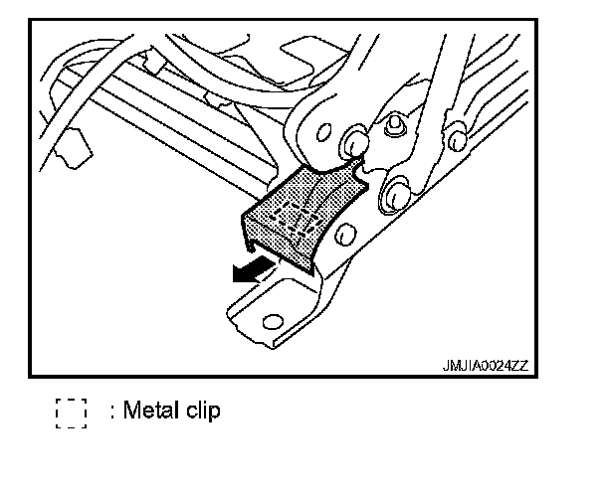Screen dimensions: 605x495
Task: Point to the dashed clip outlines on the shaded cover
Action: coord(298,212)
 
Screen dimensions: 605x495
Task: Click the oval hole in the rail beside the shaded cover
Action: coord(344,235)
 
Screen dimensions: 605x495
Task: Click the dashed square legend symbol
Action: coord(72,412)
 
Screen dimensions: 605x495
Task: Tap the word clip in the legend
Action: coord(200,411)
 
